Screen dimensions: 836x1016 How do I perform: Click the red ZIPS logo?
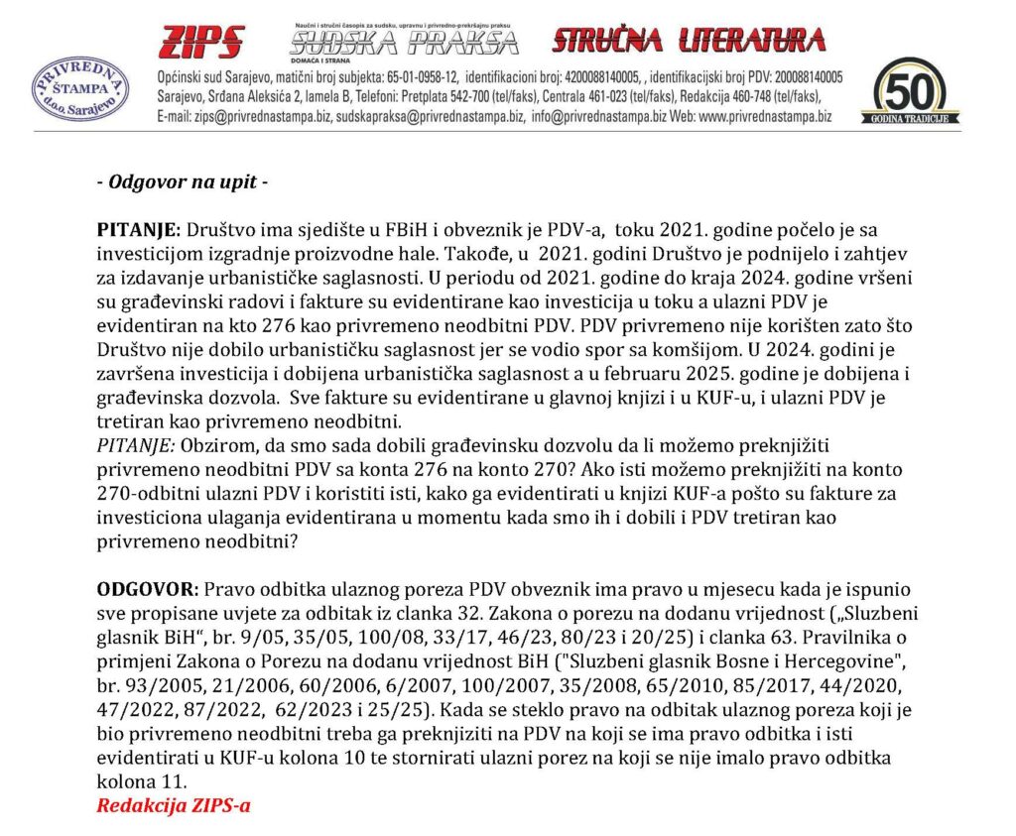coord(201,41)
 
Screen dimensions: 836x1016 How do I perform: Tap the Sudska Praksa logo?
coord(404,41)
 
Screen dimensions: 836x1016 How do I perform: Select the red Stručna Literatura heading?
coord(689,40)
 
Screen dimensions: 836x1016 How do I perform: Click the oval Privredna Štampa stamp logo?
coord(81,90)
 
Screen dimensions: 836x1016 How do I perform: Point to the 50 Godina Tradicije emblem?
coord(916,91)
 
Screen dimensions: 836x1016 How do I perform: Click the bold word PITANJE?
coord(138,228)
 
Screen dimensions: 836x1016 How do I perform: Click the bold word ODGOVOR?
coord(144,589)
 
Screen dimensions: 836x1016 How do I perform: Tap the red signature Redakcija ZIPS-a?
coord(173,805)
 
